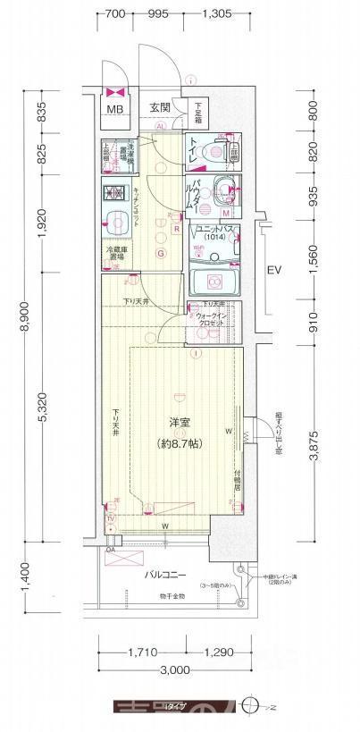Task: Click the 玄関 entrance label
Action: (x=159, y=107)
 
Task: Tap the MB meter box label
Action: (x=115, y=110)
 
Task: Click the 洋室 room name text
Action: (x=176, y=421)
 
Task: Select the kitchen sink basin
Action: (x=116, y=223)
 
